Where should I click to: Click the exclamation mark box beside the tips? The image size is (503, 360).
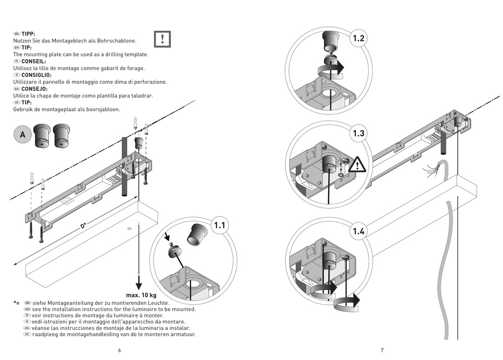(x=163, y=39)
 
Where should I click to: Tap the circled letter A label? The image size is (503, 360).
(x=22, y=135)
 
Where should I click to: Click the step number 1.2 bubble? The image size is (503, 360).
(x=358, y=38)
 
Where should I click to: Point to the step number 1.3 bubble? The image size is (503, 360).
(x=358, y=133)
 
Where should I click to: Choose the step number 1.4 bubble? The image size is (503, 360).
(x=358, y=231)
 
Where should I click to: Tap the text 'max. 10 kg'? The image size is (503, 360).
(x=141, y=295)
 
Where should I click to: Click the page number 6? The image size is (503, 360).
(x=120, y=350)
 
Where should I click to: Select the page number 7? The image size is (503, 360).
(x=382, y=350)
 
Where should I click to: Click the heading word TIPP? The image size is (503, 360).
(x=28, y=33)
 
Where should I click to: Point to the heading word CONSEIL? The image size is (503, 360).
(x=33, y=61)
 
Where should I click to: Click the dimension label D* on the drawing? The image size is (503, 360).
(x=83, y=227)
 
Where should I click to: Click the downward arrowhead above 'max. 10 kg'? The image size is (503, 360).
(x=138, y=281)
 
